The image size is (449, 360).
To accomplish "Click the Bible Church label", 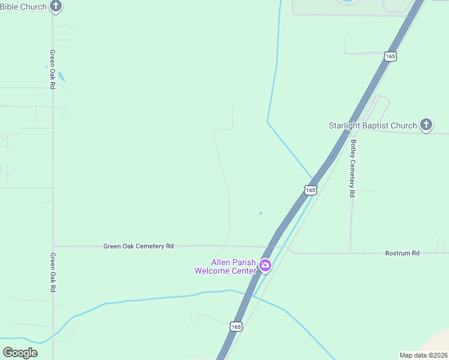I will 23,7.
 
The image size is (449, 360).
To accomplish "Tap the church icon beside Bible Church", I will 56,7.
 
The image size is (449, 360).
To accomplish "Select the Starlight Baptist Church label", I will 372,125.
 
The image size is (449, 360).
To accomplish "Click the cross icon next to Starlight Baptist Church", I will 426,125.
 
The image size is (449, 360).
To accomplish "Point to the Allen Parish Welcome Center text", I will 225,266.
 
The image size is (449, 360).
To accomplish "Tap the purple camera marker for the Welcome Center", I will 265,265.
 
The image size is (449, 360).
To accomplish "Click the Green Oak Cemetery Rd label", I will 138,246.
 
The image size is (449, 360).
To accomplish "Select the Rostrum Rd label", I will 402,253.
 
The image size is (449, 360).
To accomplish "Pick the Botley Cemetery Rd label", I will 354,169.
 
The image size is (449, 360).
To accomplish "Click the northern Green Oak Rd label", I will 53,70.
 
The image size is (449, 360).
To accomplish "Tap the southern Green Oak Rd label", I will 53,272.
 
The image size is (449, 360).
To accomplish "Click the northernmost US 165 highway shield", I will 391,56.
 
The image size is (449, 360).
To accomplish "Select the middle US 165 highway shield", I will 310,190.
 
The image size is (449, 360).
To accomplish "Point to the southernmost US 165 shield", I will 236,326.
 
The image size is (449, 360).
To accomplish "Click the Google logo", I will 20,352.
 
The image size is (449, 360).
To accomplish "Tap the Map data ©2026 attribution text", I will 423,355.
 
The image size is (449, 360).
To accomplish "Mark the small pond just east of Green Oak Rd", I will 62,77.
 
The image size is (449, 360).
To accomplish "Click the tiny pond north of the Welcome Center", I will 260,213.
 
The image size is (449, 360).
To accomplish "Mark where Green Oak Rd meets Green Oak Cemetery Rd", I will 53,246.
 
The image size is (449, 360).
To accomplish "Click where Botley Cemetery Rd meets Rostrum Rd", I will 351,253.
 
